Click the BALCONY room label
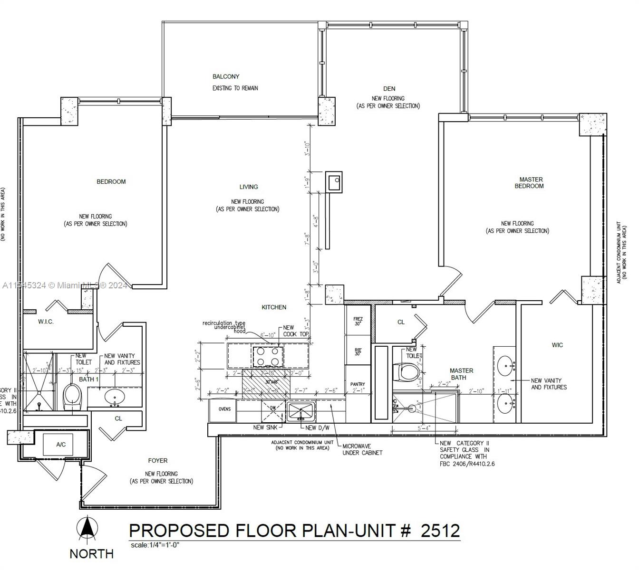226,76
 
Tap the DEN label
389,88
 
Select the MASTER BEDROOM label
530,183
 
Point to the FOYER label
157,460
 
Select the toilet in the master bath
407,372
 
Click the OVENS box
224,409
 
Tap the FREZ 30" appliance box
358,321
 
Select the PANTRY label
358,384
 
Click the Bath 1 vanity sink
114,396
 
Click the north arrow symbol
87,530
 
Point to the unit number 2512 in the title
440,530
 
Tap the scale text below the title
155,545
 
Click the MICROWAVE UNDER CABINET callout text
362,449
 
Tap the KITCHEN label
274,307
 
